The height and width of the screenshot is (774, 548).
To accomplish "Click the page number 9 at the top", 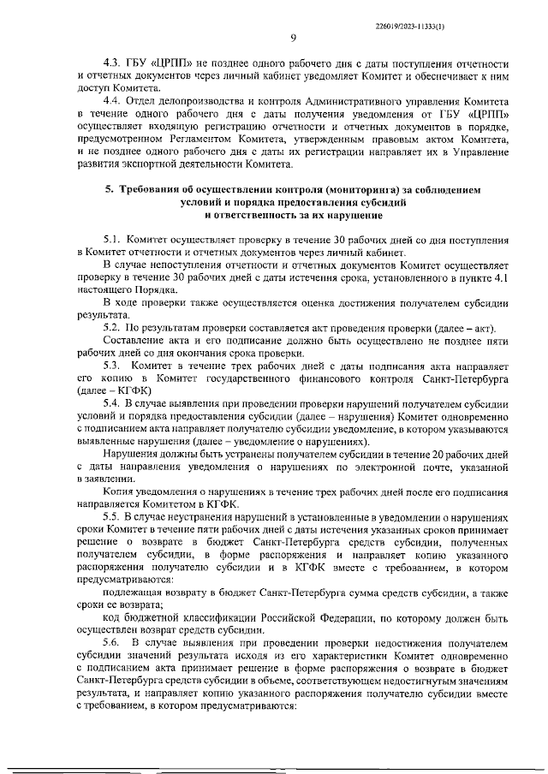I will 293,38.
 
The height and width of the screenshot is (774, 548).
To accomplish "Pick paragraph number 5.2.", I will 114,330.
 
